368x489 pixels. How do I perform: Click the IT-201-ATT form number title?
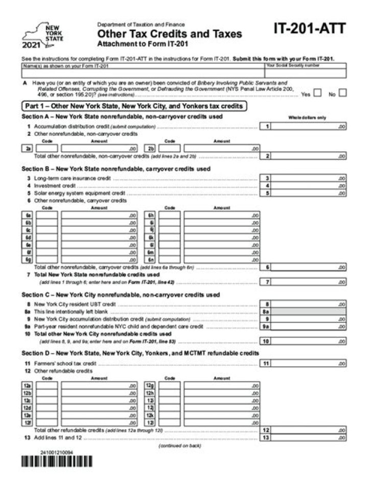[309, 29]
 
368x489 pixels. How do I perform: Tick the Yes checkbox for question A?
[317, 93]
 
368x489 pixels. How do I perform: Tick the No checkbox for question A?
[342, 93]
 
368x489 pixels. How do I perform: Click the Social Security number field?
[305, 73]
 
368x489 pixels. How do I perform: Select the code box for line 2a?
[47, 149]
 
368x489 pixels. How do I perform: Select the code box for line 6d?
[47, 238]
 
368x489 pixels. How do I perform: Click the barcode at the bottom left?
[57, 461]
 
